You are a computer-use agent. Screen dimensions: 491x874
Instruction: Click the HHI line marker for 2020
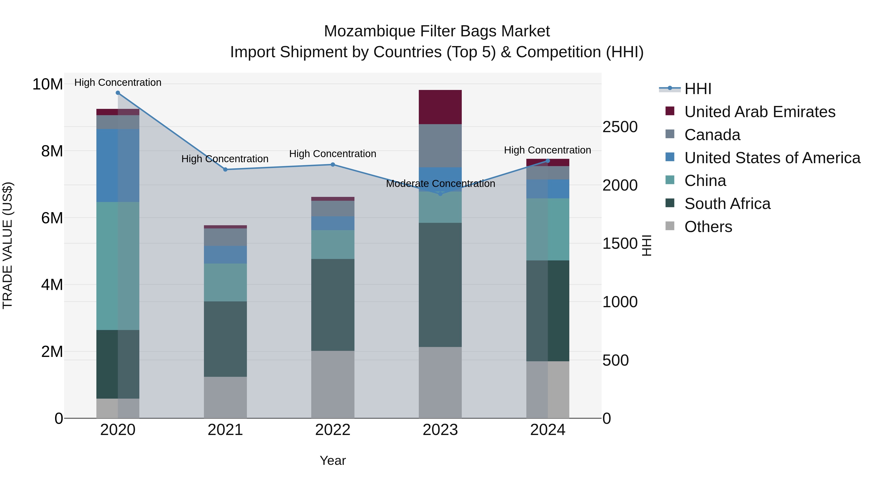tap(118, 93)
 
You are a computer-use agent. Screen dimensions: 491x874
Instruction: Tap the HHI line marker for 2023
tap(440, 194)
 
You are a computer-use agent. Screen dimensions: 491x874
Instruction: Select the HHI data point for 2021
tap(225, 169)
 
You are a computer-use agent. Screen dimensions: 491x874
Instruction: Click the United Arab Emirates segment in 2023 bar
tap(440, 107)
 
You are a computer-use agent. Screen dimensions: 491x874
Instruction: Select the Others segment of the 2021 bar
tap(225, 397)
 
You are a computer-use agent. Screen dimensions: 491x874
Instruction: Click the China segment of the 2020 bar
tap(118, 266)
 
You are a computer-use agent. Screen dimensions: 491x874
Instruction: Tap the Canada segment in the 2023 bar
tap(440, 146)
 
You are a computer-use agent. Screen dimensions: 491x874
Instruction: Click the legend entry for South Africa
tap(727, 204)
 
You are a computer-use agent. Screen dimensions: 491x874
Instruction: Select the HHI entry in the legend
tap(698, 89)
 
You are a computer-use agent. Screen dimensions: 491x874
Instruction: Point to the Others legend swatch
tap(670, 226)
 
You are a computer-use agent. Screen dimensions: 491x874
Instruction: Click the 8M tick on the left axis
tap(52, 151)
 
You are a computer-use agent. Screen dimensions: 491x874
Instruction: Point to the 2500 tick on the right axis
tap(620, 127)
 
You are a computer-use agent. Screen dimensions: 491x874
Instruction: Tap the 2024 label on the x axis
tap(548, 430)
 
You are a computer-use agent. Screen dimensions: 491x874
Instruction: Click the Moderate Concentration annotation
tap(440, 184)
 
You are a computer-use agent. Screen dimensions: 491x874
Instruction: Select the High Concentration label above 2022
tap(333, 154)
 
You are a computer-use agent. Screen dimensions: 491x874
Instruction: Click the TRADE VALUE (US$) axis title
tap(8, 245)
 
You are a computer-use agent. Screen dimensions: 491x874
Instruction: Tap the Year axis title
tap(333, 460)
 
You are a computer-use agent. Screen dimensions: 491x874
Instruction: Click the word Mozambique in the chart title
tap(370, 31)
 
